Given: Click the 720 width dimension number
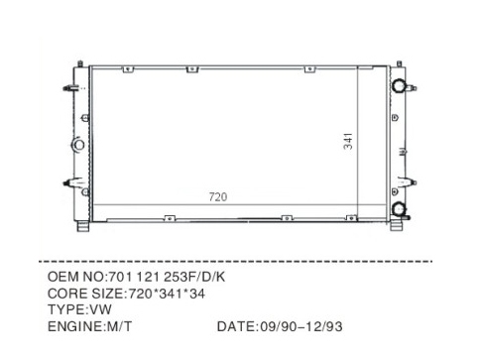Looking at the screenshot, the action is (x=218, y=197).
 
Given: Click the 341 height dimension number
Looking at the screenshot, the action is (x=348, y=141).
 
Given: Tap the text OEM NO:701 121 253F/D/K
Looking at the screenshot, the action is (x=136, y=277).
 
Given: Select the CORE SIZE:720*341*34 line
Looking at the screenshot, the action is (x=126, y=294).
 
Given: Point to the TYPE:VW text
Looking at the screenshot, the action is (x=79, y=309).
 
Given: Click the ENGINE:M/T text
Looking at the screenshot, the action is (x=89, y=326).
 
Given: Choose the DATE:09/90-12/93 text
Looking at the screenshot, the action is (x=280, y=326).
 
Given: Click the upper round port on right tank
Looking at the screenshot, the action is (x=399, y=85).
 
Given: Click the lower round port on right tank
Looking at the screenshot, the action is (x=399, y=209).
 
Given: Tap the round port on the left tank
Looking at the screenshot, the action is (x=78, y=145).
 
